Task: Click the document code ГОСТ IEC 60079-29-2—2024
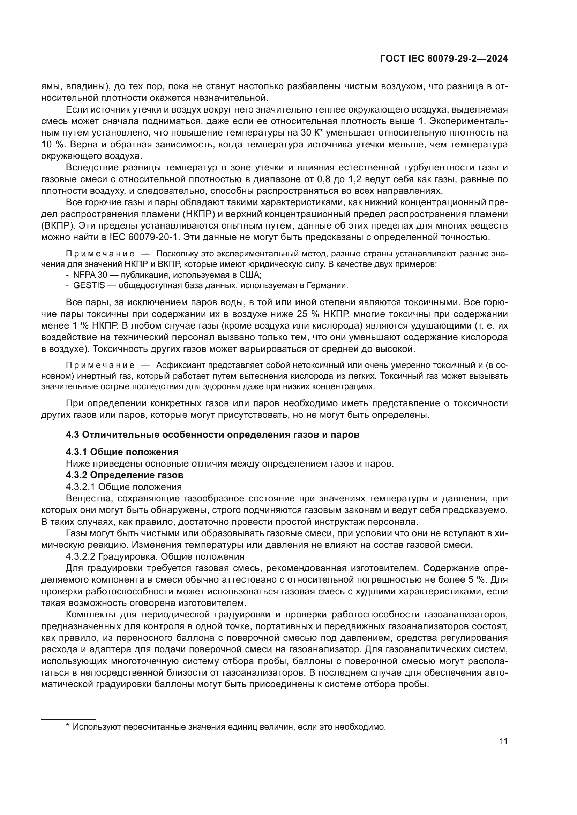pos(444,59)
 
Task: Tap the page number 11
pos(503,741)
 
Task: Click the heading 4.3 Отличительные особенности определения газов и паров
pos(212,435)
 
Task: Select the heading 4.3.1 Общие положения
pos(122,452)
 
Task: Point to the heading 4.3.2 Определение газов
pos(124,475)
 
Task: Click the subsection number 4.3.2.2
pos(81,556)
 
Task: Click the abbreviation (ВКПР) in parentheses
pos(57,226)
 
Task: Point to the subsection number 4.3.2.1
pos(81,487)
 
